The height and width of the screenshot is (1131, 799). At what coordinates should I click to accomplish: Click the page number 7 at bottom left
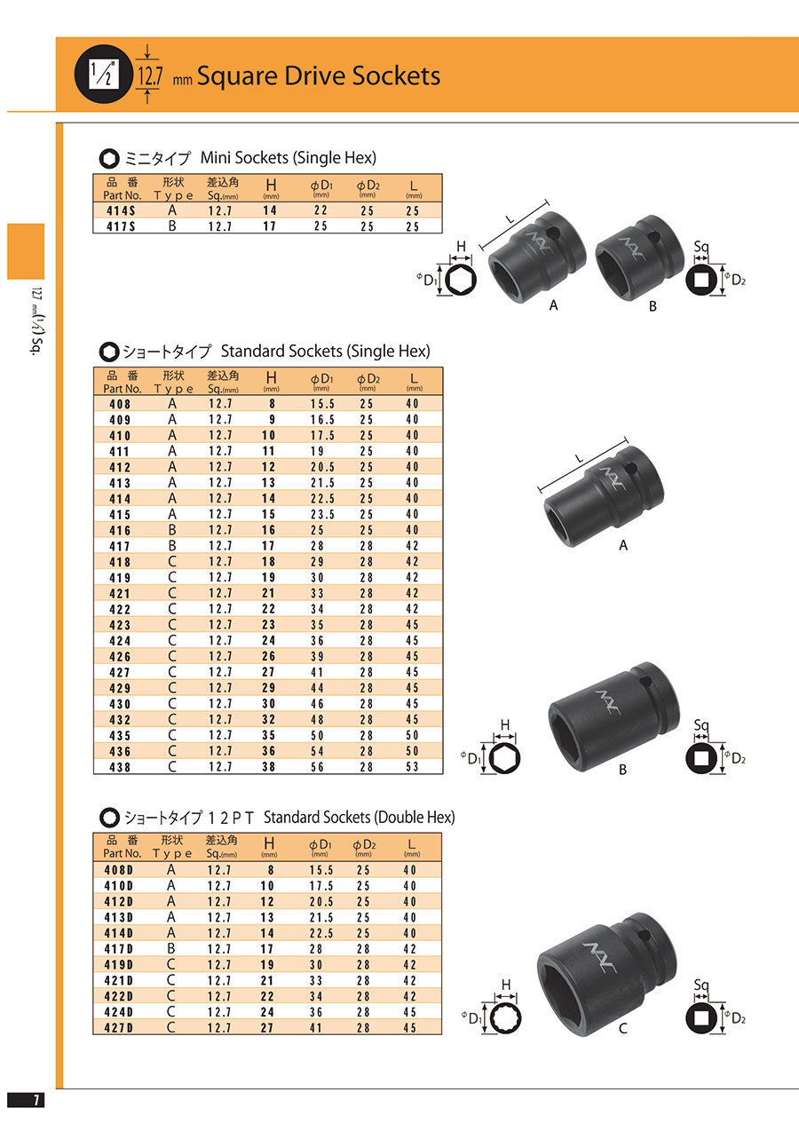pos(36,1100)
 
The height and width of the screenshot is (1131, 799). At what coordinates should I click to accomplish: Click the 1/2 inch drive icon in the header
pos(104,74)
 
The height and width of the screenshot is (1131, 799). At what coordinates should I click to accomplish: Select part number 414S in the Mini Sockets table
pos(121,210)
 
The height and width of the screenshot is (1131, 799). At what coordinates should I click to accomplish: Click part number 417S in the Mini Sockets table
pos(121,226)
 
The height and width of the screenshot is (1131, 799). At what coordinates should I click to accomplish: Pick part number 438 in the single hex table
pos(120,767)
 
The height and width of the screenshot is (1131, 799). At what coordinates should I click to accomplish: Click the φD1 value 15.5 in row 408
pos(322,404)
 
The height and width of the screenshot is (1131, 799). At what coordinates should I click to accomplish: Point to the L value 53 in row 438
pos(413,766)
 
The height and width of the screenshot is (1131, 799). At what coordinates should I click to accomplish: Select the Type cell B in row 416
pos(172,530)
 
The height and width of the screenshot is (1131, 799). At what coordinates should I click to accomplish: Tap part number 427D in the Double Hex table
pos(119,1027)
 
